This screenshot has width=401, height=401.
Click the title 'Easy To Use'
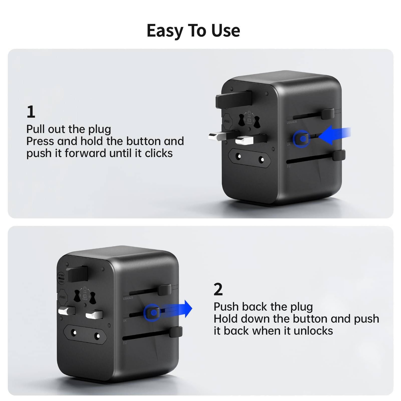point(193,31)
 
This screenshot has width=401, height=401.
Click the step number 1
point(31,112)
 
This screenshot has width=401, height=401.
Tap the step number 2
point(218,289)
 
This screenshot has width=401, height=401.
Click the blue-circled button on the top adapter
point(302,139)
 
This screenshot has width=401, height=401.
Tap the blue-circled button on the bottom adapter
point(152,312)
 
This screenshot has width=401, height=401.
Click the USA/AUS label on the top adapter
point(292,122)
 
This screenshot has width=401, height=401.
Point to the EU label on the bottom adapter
point(125,343)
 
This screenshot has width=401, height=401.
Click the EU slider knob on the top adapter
point(339,155)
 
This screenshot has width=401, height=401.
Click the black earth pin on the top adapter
point(233,99)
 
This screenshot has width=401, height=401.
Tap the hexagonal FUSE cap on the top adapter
point(227,121)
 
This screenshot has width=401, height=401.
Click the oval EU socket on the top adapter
point(250,158)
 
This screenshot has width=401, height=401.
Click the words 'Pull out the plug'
point(69,129)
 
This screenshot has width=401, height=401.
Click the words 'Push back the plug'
point(263,307)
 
